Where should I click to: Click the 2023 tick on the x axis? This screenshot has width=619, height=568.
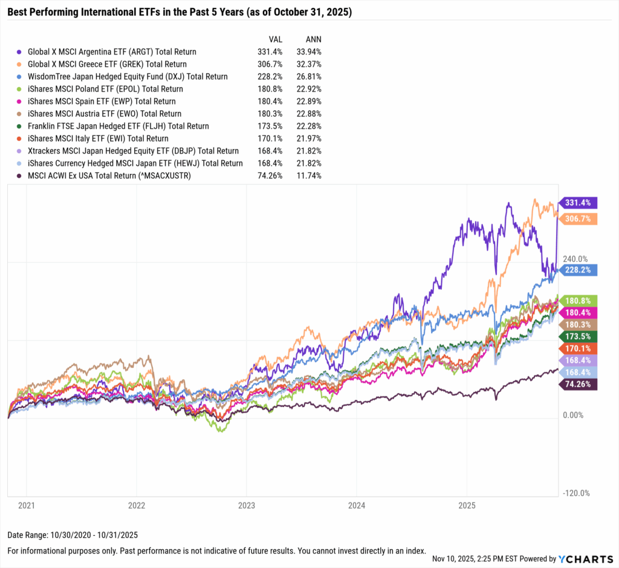pyautogui.click(x=247, y=505)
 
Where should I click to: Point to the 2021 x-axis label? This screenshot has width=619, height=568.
pyautogui.click(x=26, y=505)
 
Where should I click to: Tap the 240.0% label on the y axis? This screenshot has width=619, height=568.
pyautogui.click(x=575, y=259)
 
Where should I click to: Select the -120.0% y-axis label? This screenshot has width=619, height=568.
pyautogui.click(x=576, y=493)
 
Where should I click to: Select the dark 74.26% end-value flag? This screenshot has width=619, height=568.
pyautogui.click(x=579, y=384)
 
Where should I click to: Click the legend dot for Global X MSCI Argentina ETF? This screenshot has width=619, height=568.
pyautogui.click(x=21, y=52)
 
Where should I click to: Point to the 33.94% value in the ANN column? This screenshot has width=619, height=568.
pyautogui.click(x=309, y=52)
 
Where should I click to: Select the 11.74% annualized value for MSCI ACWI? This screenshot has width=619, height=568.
pyautogui.click(x=309, y=175)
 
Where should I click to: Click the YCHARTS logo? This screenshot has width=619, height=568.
pyautogui.click(x=587, y=558)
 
